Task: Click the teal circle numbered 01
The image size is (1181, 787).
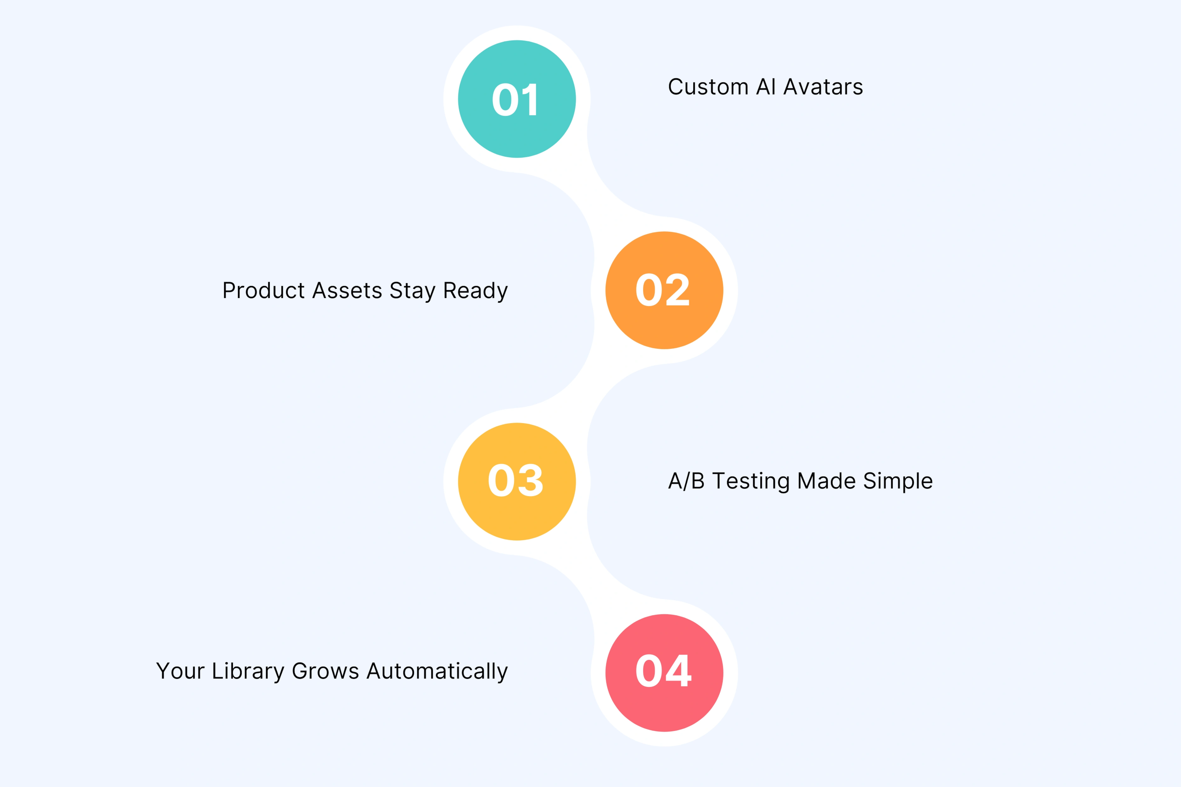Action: coord(517,99)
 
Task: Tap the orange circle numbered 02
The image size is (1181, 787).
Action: coord(664,290)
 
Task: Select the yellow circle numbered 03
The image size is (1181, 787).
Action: coord(517,481)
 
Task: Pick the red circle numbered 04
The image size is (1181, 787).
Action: coord(664,673)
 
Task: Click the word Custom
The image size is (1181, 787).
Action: coord(708,87)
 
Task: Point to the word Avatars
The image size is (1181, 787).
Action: coord(823,87)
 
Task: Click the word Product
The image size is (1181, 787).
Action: coord(264,291)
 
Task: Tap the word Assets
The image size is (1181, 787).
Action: coord(347,291)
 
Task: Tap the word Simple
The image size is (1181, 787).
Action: coord(898,481)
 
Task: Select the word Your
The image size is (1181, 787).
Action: coord(180,671)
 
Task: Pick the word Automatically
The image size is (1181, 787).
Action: coord(437,672)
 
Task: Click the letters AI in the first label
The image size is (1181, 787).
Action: coord(766,87)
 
